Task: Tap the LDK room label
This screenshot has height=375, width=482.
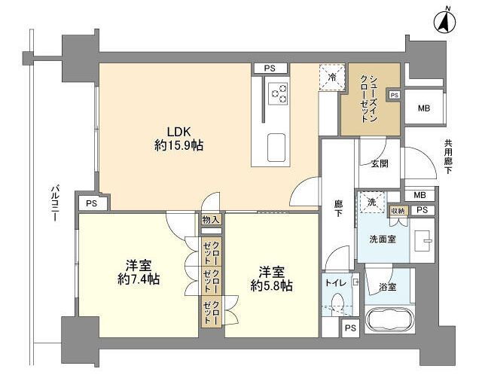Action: (x=178, y=132)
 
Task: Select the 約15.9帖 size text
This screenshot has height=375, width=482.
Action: (x=178, y=145)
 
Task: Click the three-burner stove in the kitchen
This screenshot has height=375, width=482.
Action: (x=278, y=93)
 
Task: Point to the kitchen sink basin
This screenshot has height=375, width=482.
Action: (x=276, y=148)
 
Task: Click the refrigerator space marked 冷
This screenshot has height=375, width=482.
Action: (x=331, y=77)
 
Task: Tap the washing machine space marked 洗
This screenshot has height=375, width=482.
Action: (x=372, y=202)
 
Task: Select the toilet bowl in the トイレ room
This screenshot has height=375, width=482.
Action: (x=338, y=303)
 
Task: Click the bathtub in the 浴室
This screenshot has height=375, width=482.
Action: (x=389, y=320)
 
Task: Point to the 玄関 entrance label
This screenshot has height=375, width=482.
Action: (x=380, y=163)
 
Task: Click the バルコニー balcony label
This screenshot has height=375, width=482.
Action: (x=56, y=203)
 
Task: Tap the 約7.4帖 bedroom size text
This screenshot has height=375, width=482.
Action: (x=139, y=279)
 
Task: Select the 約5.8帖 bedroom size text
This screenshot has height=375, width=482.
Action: (x=271, y=286)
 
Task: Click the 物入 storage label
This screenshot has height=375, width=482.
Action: (x=211, y=219)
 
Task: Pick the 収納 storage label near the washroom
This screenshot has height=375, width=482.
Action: (x=399, y=211)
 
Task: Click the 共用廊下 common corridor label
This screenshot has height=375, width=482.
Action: (x=448, y=157)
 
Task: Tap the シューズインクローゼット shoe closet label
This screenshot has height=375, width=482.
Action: (x=368, y=99)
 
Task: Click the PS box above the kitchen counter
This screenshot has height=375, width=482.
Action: (x=270, y=69)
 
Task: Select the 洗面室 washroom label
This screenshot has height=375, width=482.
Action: (x=383, y=239)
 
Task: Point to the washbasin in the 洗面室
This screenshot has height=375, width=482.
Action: (x=423, y=240)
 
